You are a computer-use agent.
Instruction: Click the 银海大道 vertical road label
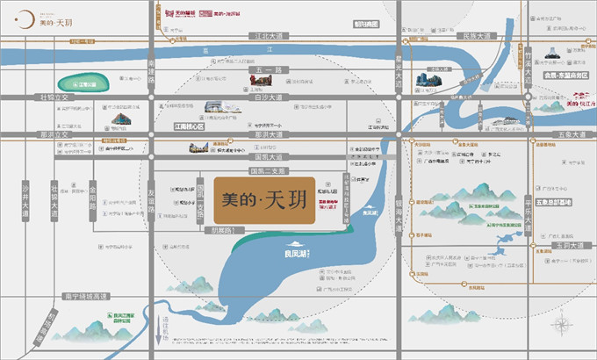click(399, 216)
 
